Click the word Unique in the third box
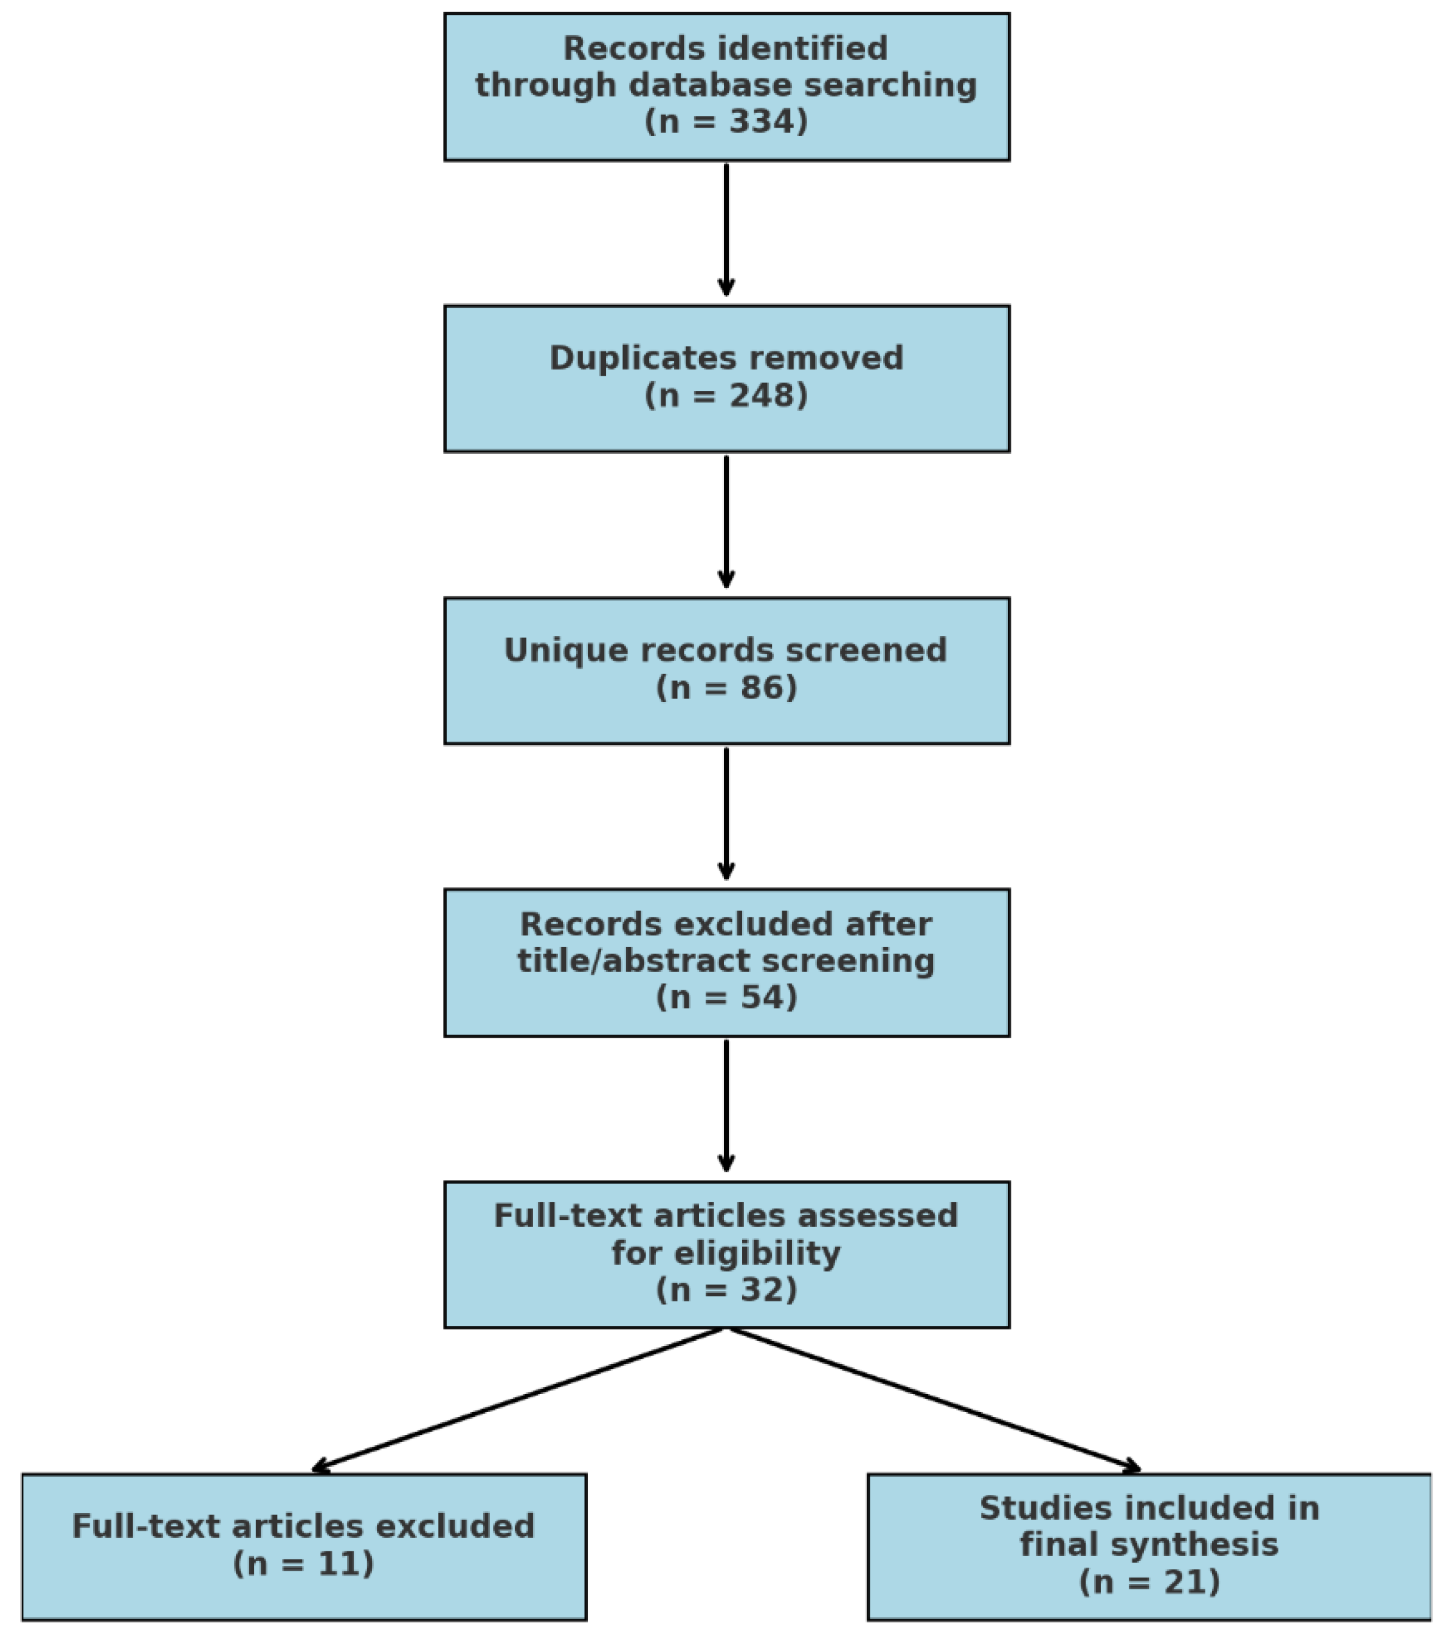coord(553,650)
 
